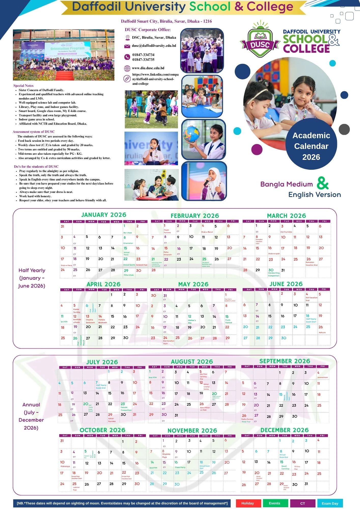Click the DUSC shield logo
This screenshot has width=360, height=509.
(x=260, y=42)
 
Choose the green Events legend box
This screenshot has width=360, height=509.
(x=275, y=503)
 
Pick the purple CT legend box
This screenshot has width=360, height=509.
(x=302, y=503)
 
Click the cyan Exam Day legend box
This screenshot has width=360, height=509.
(x=330, y=503)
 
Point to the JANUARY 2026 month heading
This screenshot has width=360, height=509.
(x=104, y=215)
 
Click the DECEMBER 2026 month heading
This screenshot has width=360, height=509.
(x=284, y=430)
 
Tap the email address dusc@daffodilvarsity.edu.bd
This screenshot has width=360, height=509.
(x=154, y=46)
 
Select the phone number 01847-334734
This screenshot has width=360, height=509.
(x=143, y=55)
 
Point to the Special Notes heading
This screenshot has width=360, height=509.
(x=23, y=86)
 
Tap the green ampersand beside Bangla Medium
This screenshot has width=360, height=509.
(x=323, y=183)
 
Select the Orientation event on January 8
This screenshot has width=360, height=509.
(x=128, y=243)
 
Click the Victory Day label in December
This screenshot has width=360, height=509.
(x=297, y=468)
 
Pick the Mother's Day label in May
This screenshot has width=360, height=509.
(x=192, y=321)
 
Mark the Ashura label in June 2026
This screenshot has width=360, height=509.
(x=322, y=332)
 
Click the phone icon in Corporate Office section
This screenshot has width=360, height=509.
(x=127, y=57)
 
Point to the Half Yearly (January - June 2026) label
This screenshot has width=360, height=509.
(x=32, y=278)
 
